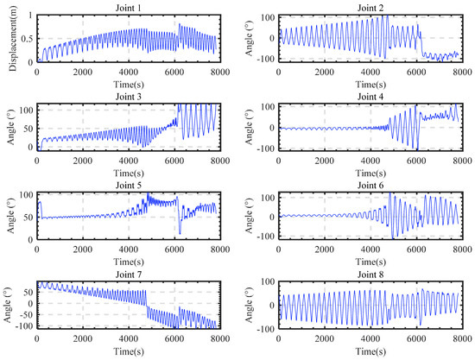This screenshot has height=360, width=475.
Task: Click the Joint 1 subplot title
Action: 128,7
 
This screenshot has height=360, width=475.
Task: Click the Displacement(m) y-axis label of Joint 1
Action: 8,40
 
